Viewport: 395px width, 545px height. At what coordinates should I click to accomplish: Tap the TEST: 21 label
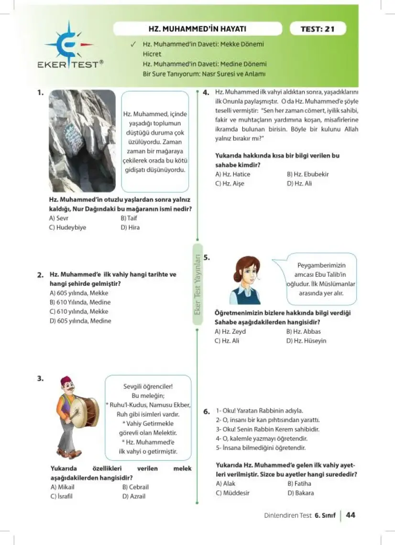[318, 29]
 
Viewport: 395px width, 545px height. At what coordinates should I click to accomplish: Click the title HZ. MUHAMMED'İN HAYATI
[197, 29]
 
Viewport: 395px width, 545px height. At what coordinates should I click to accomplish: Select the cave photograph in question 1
[82, 141]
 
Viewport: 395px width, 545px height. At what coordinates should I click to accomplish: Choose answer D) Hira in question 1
[130, 228]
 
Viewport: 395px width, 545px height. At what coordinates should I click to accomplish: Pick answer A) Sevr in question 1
[59, 218]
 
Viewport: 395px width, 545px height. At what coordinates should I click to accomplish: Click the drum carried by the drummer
[87, 411]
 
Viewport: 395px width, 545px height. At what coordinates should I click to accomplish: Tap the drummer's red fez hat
[66, 381]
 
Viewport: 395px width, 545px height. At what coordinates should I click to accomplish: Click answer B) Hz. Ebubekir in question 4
[307, 174]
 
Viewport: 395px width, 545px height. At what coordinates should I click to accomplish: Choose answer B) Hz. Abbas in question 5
[303, 331]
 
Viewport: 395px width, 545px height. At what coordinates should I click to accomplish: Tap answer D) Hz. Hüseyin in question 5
[306, 341]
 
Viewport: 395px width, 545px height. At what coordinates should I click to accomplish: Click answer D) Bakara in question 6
[301, 493]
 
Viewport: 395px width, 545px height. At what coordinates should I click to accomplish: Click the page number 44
[351, 515]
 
